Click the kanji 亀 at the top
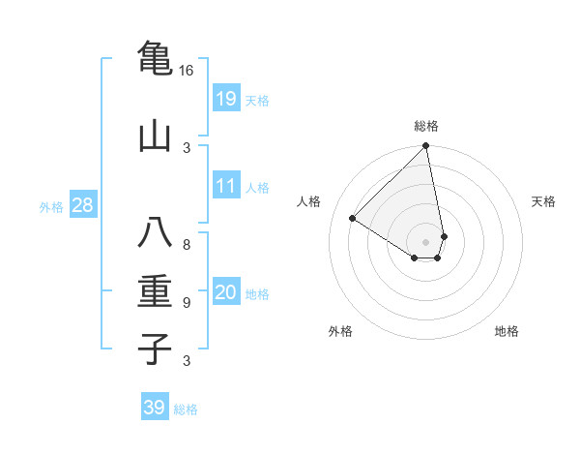coord(155,59)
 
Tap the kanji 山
coord(155,136)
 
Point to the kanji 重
coord(155,291)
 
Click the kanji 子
coord(155,348)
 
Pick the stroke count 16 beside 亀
coord(187,71)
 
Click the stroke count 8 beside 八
coord(187,244)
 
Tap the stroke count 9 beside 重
coord(187,303)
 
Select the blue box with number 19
coord(225,98)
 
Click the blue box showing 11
coord(225,186)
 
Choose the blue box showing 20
coord(225,292)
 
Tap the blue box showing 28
coord(83,204)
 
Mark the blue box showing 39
coord(155,408)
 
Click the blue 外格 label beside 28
coord(51,206)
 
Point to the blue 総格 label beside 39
coord(186,409)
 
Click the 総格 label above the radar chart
coord(426,126)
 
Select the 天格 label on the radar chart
coord(543,201)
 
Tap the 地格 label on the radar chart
coord(507,331)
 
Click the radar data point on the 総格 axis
coord(426,147)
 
